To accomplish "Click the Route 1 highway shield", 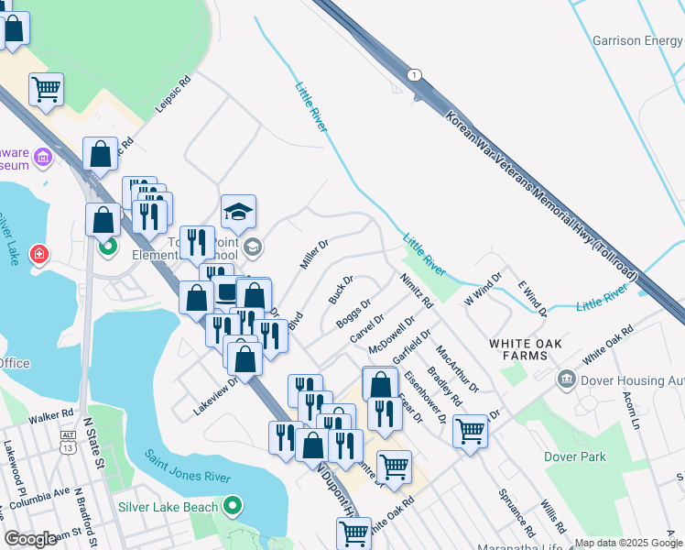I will point(416,74).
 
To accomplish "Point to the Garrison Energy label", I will point(636,40).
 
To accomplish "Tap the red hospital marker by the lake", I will point(39,254).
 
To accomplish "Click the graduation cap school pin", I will point(238,213).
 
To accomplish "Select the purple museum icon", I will point(42,159).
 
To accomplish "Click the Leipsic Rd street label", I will point(172,93).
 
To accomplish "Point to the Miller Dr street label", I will point(313,254).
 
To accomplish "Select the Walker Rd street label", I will point(50,416).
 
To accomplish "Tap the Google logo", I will point(30,539).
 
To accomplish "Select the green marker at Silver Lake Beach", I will point(233,506).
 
